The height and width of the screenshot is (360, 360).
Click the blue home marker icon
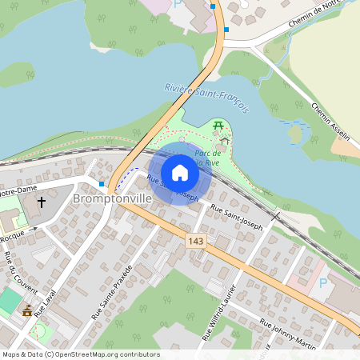(180, 173)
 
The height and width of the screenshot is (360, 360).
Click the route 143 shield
(195, 241)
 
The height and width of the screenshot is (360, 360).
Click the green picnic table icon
(218, 125)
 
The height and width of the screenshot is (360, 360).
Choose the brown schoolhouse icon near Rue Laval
(28, 310)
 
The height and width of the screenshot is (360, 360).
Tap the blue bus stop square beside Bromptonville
(101, 183)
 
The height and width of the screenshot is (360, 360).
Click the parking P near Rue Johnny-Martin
(323, 282)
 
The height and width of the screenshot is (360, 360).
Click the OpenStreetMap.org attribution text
(99, 354)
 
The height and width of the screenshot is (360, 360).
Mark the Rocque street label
(11, 238)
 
